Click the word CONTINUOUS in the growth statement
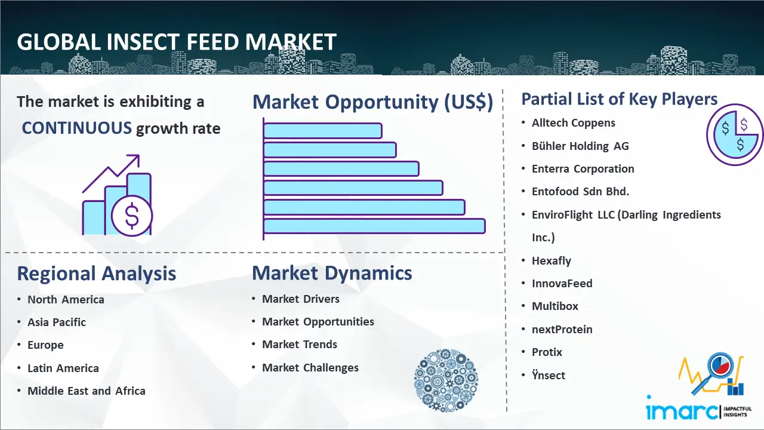click(77, 128)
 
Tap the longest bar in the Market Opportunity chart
click(374, 226)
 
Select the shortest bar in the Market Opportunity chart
click(322, 131)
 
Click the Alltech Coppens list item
click(574, 123)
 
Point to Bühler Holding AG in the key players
click(580, 146)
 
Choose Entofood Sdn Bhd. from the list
click(580, 192)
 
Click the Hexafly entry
click(551, 261)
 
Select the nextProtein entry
click(562, 329)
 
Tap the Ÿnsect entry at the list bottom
click(548, 375)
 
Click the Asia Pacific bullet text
click(57, 322)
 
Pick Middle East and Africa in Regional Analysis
click(87, 391)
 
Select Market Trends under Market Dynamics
click(300, 345)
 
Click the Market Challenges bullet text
click(310, 367)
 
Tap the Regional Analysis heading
click(97, 274)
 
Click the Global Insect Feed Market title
click(177, 42)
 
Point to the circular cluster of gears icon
click(446, 380)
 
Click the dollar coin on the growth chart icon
click(132, 216)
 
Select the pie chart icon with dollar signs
click(735, 134)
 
